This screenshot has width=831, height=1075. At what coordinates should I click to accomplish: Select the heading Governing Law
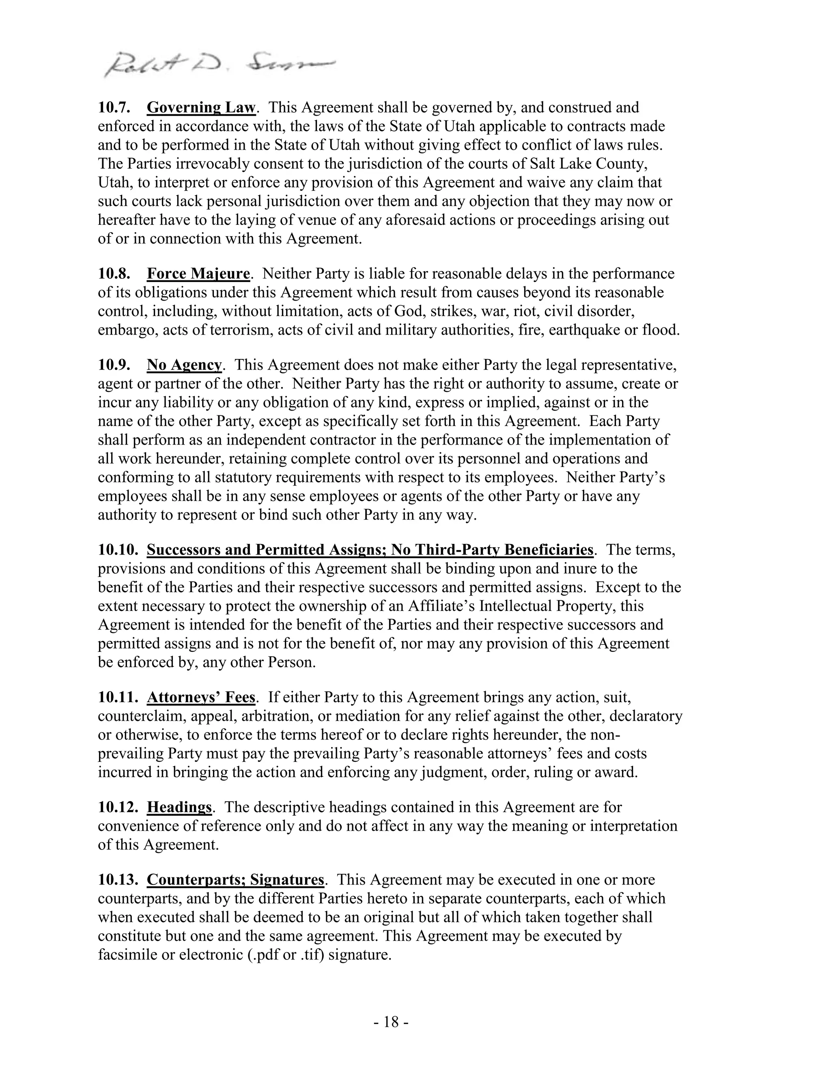click(201, 107)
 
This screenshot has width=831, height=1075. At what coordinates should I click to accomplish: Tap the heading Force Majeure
click(198, 274)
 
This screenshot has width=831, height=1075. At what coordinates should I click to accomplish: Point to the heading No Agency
click(185, 365)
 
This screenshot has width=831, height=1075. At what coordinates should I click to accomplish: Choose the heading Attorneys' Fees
click(201, 697)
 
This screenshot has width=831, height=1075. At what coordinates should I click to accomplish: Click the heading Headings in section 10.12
click(179, 807)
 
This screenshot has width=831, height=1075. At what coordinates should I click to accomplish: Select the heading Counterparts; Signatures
click(235, 879)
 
